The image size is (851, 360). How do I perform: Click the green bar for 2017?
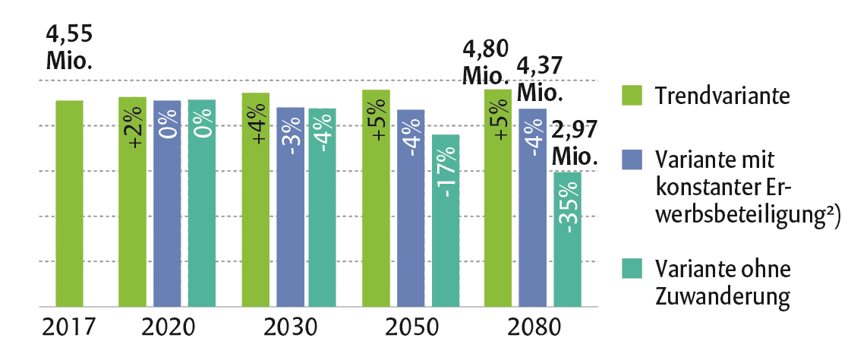pyautogui.click(x=69, y=204)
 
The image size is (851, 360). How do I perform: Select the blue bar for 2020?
pyautogui.click(x=167, y=204)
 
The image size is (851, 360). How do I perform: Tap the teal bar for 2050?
pyautogui.click(x=446, y=220)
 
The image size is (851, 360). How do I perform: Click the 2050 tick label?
pyautogui.click(x=411, y=328)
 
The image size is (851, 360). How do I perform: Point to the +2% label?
pyautogui.click(x=133, y=128)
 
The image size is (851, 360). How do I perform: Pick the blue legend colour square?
pyautogui.click(x=632, y=159)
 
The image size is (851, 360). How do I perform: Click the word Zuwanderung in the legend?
pyautogui.click(x=723, y=294)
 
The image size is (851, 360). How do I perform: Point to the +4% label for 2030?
pyautogui.click(x=256, y=128)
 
